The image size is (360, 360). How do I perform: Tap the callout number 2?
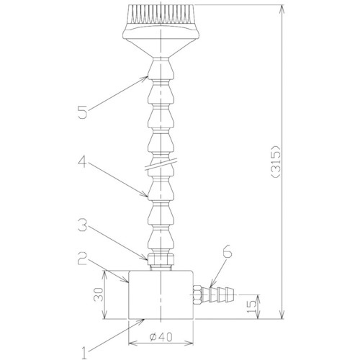click(83, 258)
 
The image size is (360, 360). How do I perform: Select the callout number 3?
click(83, 225)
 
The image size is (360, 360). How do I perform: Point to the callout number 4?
click(82, 161)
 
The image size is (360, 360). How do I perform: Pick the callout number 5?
click(83, 112)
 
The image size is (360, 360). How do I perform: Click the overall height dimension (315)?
click(276, 161)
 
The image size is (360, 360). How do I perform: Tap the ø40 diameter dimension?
click(161, 338)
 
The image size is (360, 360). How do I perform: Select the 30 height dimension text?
click(99, 294)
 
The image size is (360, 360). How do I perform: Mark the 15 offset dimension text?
click(251, 307)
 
